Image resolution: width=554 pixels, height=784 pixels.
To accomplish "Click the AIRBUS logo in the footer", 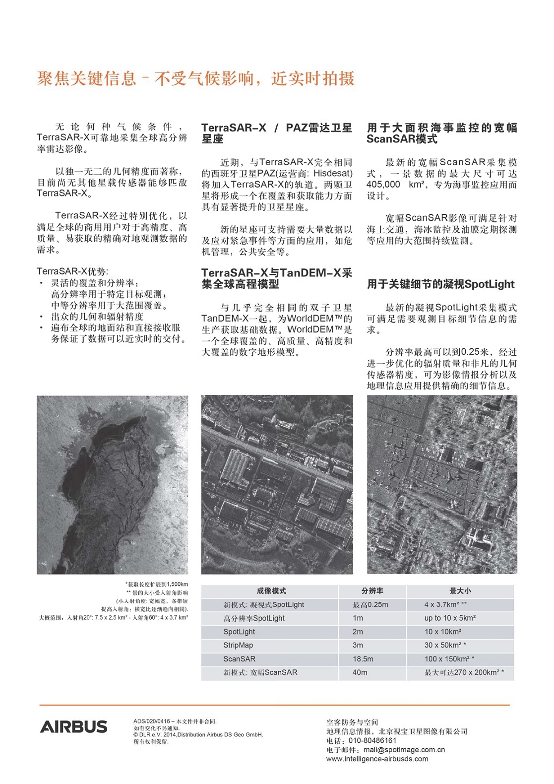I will pos(73,726).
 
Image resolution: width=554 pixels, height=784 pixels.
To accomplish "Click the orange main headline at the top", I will pos(196,78).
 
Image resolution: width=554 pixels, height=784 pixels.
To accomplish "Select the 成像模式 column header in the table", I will pos(271,591).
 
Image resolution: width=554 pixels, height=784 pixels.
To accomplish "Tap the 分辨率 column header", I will pos(372,591).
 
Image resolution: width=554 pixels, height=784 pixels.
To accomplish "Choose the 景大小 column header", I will pos(460,591).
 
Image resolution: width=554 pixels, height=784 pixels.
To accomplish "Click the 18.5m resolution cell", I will pos(363,659).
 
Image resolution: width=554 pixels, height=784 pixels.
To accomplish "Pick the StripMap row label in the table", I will pos(238,645).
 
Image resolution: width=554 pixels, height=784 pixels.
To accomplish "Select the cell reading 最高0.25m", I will pos(370,605).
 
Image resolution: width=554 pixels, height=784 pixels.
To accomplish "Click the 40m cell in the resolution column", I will pos(360,672).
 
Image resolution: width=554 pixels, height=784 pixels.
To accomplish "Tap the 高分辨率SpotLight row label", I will pos(254,618).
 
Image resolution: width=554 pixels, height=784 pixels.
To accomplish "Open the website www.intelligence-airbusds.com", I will pos(377,759).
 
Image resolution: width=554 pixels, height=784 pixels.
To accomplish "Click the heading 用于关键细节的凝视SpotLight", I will pos(441,284).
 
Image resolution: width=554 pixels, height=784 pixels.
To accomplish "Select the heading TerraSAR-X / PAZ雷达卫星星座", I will pos(277,133).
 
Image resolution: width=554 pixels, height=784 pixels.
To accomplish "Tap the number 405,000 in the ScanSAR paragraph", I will pos(383,185).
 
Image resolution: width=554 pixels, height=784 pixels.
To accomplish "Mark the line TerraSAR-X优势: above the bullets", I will pos(72,271).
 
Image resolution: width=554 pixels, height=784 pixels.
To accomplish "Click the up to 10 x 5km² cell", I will pos(450,618).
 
